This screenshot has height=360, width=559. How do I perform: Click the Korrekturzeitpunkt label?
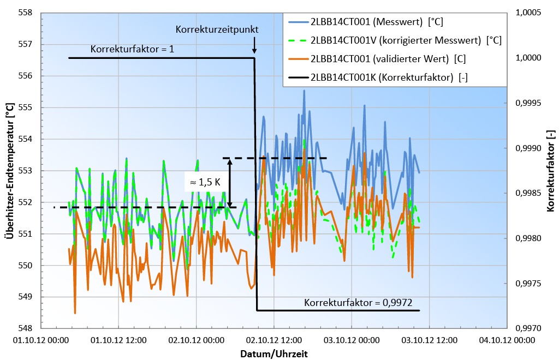(x=217, y=29)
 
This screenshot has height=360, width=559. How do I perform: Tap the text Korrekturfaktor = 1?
(x=133, y=49)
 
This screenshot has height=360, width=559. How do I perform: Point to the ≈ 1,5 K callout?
(x=205, y=183)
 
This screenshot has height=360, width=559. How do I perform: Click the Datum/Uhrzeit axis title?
(x=274, y=353)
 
